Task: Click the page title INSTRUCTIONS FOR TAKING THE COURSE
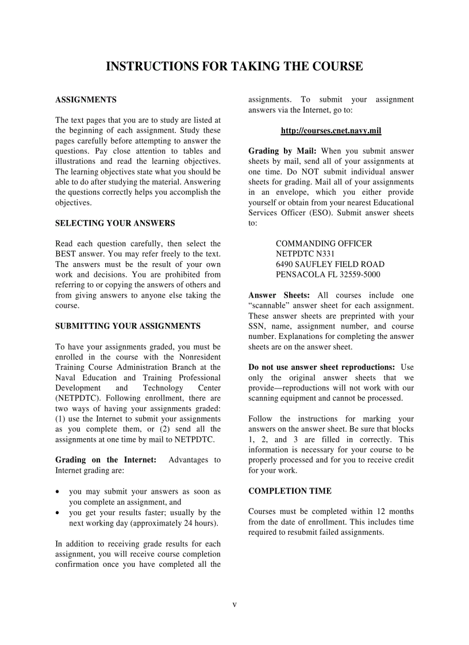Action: click(234, 67)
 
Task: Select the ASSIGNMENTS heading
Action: click(86, 100)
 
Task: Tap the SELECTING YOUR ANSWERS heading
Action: click(115, 223)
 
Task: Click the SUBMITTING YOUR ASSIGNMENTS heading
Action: click(128, 326)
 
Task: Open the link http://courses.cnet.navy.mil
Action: click(330, 131)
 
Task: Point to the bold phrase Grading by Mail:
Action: click(278, 152)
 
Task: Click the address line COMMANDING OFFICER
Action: click(324, 244)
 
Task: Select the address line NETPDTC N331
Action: click(305, 254)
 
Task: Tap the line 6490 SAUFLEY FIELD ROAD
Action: click(330, 264)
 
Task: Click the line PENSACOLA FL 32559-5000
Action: click(328, 275)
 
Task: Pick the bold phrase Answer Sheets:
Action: click(279, 295)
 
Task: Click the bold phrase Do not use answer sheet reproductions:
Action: click(321, 367)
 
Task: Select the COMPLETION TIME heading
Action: click(290, 491)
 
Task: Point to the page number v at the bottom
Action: click(234, 604)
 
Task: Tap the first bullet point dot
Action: click(58, 492)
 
